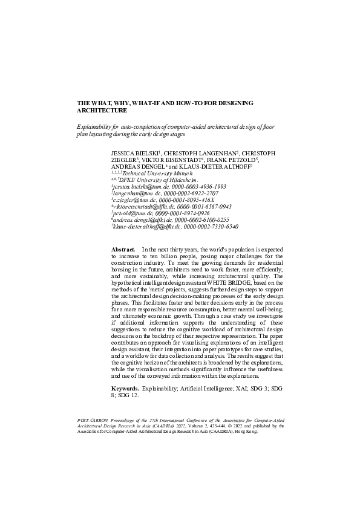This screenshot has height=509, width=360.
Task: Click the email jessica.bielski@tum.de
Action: click(137, 187)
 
